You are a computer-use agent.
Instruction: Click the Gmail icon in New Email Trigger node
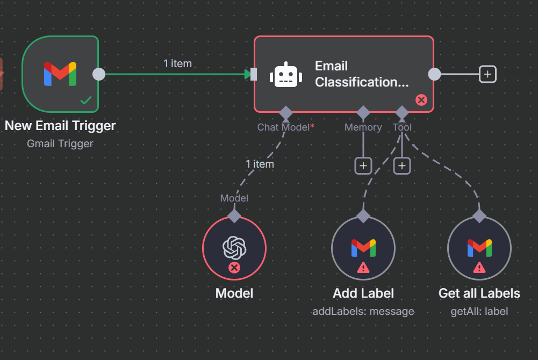click(60, 74)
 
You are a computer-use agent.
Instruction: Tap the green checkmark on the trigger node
click(85, 100)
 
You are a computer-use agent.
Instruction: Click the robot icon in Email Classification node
click(285, 75)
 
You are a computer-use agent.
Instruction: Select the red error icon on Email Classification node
click(421, 100)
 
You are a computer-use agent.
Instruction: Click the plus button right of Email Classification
click(487, 74)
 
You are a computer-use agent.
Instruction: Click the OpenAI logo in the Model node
click(234, 247)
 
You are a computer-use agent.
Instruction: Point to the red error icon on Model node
click(234, 268)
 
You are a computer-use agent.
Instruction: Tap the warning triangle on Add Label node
click(363, 267)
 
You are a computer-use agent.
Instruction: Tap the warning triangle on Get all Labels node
click(479, 267)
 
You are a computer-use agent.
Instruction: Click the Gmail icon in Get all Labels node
click(479, 247)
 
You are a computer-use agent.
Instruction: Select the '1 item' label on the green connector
click(177, 63)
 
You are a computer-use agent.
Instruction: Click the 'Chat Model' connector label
click(283, 127)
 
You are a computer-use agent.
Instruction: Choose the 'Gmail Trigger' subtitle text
click(60, 143)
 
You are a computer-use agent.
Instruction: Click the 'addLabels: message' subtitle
click(363, 311)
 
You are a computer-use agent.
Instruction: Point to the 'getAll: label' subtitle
click(479, 311)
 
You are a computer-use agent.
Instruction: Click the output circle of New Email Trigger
click(99, 74)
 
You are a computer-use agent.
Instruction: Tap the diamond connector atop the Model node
click(234, 216)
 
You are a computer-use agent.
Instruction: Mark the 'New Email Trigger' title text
click(60, 126)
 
